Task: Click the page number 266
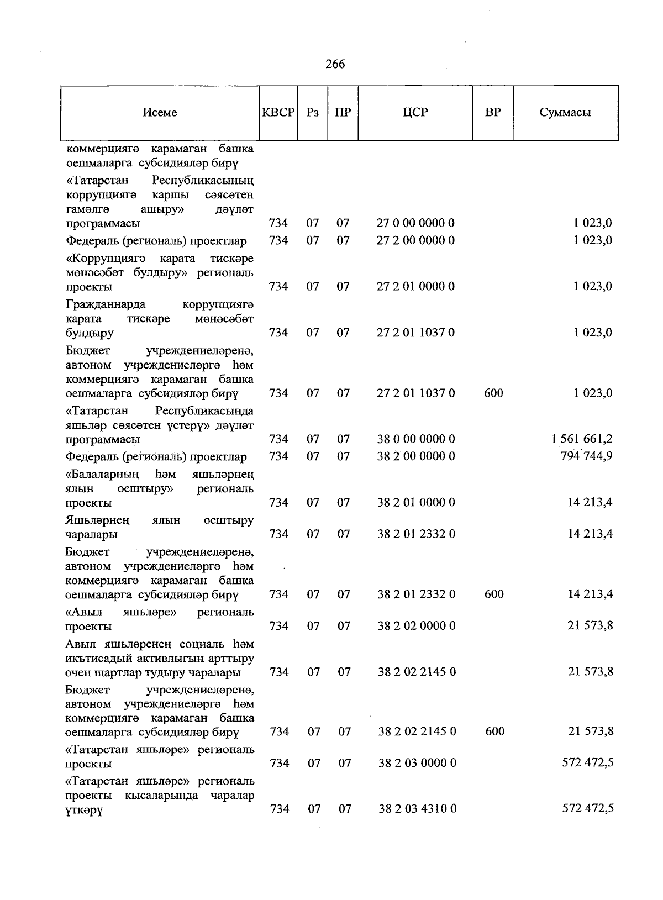click(335, 64)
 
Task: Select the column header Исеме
click(160, 112)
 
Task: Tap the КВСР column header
click(278, 112)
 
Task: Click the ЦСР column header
click(415, 112)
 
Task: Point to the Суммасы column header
click(565, 112)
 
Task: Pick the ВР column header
click(493, 112)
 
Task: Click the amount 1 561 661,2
click(581, 439)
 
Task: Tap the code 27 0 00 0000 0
click(415, 223)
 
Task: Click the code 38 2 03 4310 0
click(418, 809)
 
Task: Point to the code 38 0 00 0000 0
click(416, 439)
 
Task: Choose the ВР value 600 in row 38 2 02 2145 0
click(494, 731)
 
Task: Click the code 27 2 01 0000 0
click(415, 286)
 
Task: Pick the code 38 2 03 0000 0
click(418, 763)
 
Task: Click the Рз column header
click(313, 112)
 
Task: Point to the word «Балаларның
click(102, 474)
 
